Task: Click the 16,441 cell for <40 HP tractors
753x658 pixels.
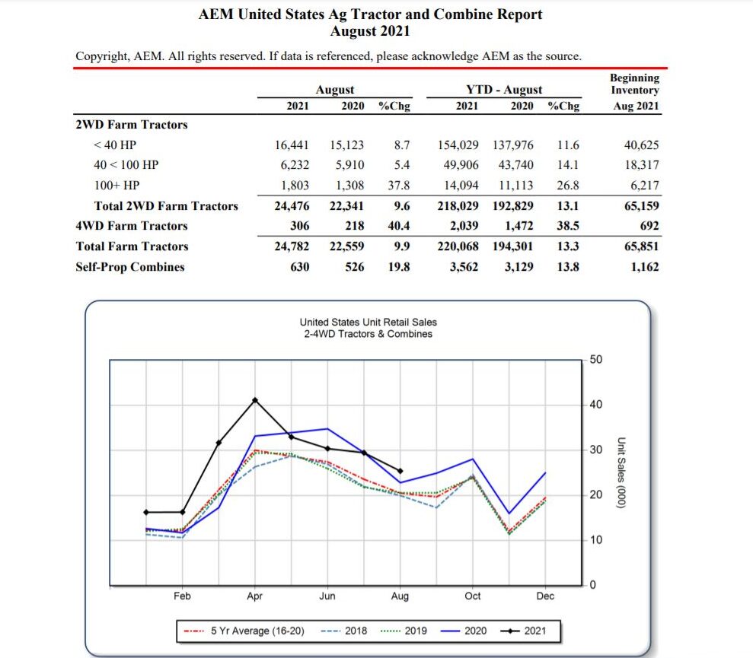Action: (292, 145)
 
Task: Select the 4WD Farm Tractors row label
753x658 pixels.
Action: (132, 226)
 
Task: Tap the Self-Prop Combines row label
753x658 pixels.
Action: (130, 266)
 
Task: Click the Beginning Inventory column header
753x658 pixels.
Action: (635, 91)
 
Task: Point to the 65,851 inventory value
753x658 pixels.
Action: (640, 246)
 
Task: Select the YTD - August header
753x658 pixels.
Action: (504, 90)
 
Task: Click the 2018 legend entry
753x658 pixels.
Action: (345, 631)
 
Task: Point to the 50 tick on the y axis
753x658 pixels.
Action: (596, 359)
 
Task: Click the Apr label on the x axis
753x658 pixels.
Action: (254, 596)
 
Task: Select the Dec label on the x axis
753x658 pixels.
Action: (545, 596)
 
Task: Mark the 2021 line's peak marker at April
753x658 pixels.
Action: (255, 399)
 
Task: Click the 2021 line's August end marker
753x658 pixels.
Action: (400, 471)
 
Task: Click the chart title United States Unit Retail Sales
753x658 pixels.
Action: (368, 323)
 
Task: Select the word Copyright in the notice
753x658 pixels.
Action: (101, 56)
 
